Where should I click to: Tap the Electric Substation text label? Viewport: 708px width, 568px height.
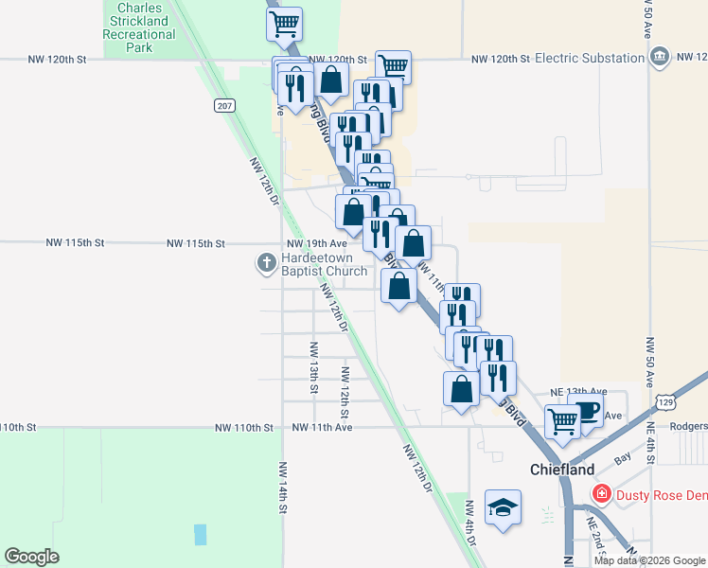pos(589,59)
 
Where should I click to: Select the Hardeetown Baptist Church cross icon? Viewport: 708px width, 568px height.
pos(268,262)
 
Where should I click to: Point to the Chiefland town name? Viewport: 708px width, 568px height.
pos(562,470)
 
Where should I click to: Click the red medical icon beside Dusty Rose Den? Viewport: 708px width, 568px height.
pos(601,494)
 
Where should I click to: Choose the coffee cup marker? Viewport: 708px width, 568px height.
pos(587,413)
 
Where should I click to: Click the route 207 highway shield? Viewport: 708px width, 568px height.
pos(223,105)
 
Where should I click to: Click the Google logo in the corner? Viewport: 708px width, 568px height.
pos(31,557)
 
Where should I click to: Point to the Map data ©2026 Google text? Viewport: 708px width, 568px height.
pos(649,560)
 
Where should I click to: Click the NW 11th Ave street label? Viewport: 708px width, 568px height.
pos(322,428)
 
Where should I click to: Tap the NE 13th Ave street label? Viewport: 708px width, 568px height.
pos(578,391)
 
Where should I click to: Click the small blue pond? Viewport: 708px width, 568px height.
pos(200,534)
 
